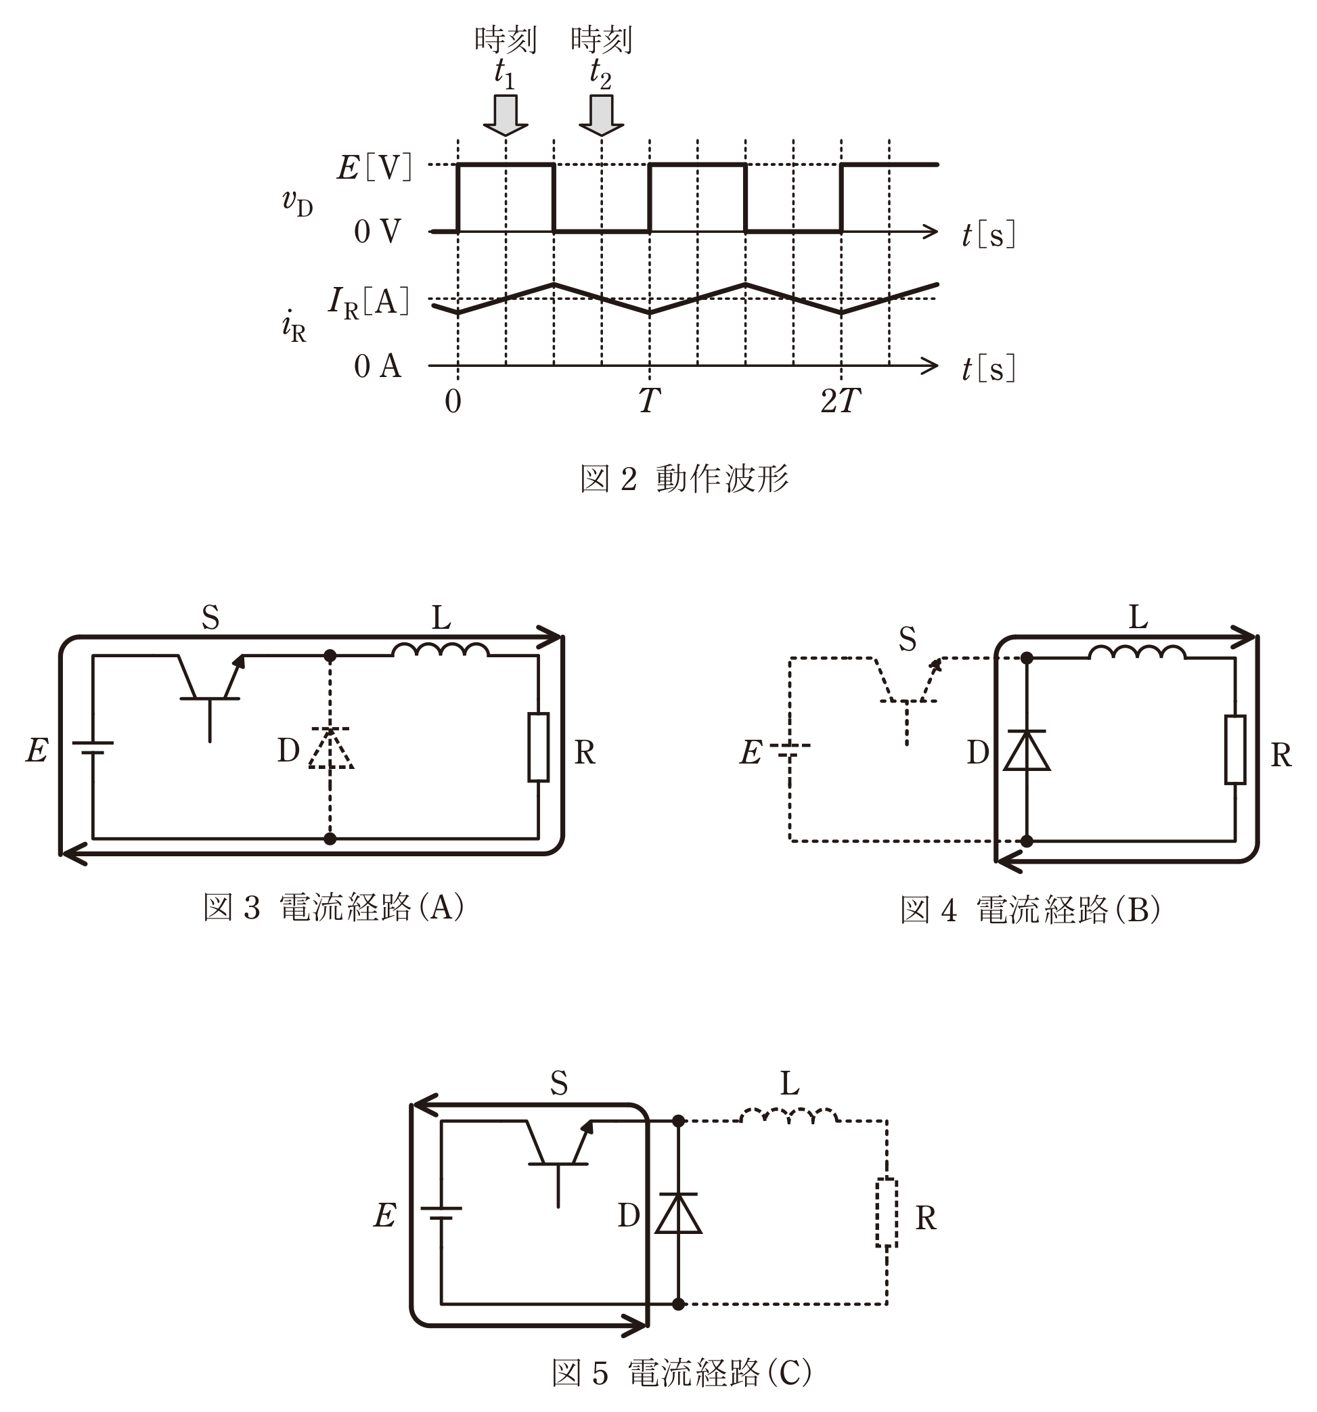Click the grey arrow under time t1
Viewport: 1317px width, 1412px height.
tap(506, 114)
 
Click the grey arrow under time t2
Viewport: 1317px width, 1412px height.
tap(602, 114)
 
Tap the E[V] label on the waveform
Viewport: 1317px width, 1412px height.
tap(374, 168)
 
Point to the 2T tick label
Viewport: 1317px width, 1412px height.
tap(841, 401)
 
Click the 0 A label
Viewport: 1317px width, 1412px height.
tap(378, 366)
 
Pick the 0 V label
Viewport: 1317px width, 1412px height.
tap(378, 231)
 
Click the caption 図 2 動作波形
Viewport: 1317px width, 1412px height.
tap(684, 478)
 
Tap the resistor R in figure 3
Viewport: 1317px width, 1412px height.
tap(538, 747)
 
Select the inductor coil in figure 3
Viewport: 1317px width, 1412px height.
tap(441, 650)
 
